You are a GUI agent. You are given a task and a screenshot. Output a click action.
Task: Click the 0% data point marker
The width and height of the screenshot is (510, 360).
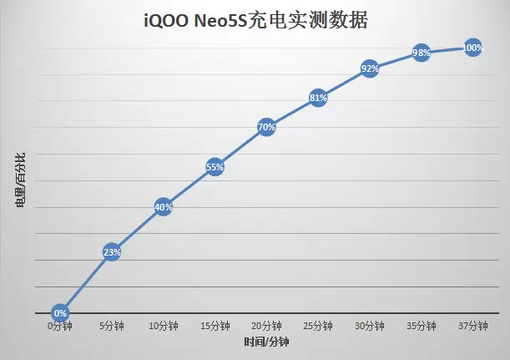pyautogui.click(x=60, y=312)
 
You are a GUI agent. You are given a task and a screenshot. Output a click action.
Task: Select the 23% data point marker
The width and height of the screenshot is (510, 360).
pyautogui.click(x=112, y=251)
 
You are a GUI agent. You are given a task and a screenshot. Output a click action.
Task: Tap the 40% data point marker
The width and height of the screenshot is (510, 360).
pyautogui.click(x=164, y=207)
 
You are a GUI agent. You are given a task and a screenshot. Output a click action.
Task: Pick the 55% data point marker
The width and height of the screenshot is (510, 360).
pyautogui.click(x=215, y=166)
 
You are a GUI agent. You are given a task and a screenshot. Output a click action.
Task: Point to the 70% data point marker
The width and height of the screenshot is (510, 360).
pyautogui.click(x=266, y=128)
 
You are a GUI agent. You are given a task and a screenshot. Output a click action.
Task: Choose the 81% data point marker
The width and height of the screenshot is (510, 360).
pyautogui.click(x=318, y=98)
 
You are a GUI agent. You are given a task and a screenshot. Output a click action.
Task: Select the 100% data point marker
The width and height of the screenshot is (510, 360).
pyautogui.click(x=472, y=48)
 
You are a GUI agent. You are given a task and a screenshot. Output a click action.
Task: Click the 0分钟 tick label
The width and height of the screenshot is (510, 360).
pyautogui.click(x=60, y=327)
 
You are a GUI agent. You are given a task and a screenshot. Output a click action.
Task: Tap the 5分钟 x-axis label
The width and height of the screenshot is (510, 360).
pyautogui.click(x=112, y=327)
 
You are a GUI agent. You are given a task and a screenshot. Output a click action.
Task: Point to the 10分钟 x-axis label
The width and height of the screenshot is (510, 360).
pyautogui.click(x=164, y=327)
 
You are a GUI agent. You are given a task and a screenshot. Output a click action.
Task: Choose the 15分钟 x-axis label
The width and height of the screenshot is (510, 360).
pyautogui.click(x=215, y=327)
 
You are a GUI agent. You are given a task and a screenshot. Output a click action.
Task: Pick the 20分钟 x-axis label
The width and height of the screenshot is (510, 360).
pyautogui.click(x=266, y=327)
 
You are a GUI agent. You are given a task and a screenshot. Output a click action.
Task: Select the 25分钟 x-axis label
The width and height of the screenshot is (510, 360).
pyautogui.click(x=318, y=327)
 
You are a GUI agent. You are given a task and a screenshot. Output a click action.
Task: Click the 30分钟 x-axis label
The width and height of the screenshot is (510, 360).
pyautogui.click(x=370, y=327)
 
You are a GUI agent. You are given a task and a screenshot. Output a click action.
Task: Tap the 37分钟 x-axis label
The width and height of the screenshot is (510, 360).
pyautogui.click(x=472, y=327)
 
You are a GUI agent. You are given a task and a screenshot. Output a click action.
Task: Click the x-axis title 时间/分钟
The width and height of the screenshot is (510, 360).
pyautogui.click(x=266, y=342)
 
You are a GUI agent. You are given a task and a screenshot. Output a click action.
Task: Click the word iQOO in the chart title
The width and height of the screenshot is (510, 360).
pyautogui.click(x=169, y=18)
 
